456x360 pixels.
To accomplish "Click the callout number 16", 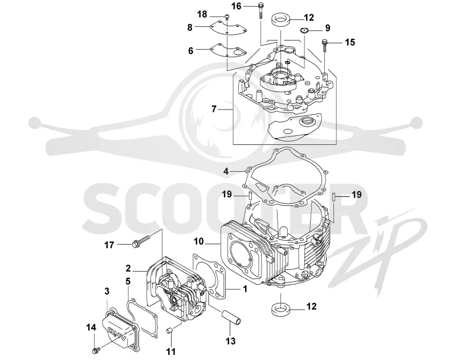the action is click(x=237, y=6).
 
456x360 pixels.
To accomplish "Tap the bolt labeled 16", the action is click(x=260, y=10).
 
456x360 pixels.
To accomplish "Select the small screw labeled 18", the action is click(x=227, y=17).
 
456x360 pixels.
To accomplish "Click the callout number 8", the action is click(x=190, y=27).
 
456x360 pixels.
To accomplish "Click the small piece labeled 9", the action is click(x=304, y=30).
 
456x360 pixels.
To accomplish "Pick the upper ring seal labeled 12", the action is click(x=281, y=20).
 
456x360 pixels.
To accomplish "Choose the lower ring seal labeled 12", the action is click(x=280, y=309).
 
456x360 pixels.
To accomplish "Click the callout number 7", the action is click(x=214, y=109).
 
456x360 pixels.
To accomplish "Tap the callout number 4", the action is click(x=226, y=171).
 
